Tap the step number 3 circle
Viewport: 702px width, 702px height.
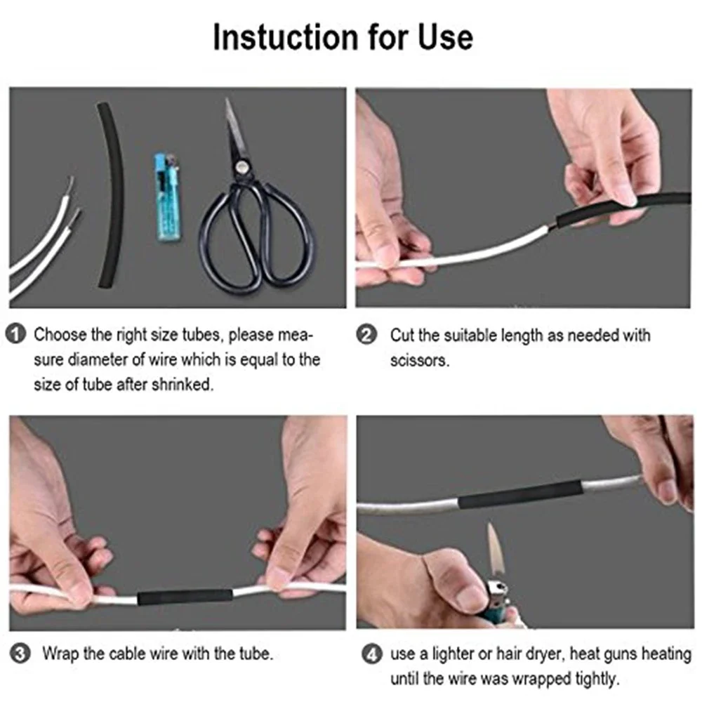point(20,655)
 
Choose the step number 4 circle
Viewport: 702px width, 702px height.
point(371,655)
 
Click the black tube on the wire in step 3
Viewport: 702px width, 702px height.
point(185,597)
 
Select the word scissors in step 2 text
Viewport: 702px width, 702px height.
point(419,361)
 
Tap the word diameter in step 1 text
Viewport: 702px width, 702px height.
point(96,360)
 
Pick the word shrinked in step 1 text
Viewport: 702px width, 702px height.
point(182,385)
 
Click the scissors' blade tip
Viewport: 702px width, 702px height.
point(227,102)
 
